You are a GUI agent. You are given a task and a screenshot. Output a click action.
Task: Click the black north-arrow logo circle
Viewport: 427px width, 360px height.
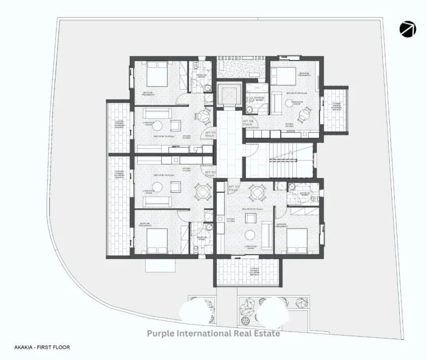(x=408, y=29)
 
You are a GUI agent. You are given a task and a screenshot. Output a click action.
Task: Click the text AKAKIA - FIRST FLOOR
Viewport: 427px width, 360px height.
(x=42, y=347)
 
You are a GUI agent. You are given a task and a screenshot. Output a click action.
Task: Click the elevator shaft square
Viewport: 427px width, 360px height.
(x=228, y=96)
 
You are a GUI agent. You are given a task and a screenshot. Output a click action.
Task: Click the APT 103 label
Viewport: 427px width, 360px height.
(x=210, y=134)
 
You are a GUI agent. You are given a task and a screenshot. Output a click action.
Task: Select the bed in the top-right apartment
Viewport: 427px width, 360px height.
(x=283, y=76)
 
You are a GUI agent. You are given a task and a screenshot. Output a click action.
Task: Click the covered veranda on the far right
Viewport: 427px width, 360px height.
(x=336, y=109)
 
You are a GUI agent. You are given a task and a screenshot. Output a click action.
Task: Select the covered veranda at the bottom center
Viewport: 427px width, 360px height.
(x=247, y=272)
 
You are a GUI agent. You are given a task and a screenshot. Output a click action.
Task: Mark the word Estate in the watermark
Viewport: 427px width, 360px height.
(x=264, y=333)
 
